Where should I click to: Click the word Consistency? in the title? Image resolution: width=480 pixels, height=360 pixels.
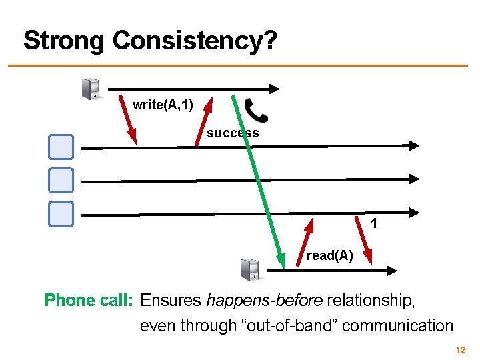pyautogui.click(x=195, y=41)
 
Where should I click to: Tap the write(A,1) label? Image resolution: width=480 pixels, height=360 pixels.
pyautogui.click(x=163, y=105)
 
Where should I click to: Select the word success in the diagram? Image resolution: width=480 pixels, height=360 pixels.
pyautogui.click(x=233, y=133)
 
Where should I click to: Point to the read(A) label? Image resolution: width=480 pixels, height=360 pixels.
pyautogui.click(x=329, y=255)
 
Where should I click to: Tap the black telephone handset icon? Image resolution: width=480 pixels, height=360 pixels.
pyautogui.click(x=255, y=110)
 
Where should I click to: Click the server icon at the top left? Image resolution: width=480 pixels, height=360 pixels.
pyautogui.click(x=91, y=89)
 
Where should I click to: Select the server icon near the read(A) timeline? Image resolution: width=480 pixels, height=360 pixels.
pyautogui.click(x=251, y=269)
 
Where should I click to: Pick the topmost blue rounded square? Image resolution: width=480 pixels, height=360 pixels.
pyautogui.click(x=61, y=147)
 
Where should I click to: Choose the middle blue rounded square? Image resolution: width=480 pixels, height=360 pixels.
pyautogui.click(x=61, y=180)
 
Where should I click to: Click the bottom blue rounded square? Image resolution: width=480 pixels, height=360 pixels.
pyautogui.click(x=61, y=213)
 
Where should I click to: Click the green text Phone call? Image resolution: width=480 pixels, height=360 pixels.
pyautogui.click(x=89, y=301)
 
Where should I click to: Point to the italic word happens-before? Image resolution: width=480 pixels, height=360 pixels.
pyautogui.click(x=265, y=301)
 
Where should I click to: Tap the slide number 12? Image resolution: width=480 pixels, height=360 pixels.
pyautogui.click(x=460, y=350)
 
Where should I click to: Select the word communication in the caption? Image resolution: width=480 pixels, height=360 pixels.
pyautogui.click(x=397, y=326)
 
